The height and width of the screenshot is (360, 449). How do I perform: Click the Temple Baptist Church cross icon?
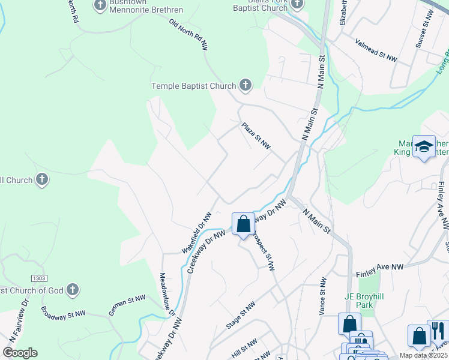pyautogui.click(x=245, y=86)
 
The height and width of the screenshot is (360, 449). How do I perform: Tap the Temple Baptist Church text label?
pyautogui.click(x=194, y=86)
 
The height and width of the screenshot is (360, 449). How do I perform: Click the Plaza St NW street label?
pyautogui.click(x=256, y=137)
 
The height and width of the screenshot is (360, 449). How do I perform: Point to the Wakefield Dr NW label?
pyautogui.click(x=197, y=232)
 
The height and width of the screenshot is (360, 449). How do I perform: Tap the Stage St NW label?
pyautogui.click(x=241, y=314)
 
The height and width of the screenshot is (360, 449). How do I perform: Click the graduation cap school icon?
pyautogui.click(x=424, y=146)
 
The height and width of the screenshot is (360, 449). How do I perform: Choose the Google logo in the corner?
pyautogui.click(x=20, y=353)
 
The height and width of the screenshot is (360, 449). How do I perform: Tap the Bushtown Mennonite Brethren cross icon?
pyautogui.click(x=100, y=6)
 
